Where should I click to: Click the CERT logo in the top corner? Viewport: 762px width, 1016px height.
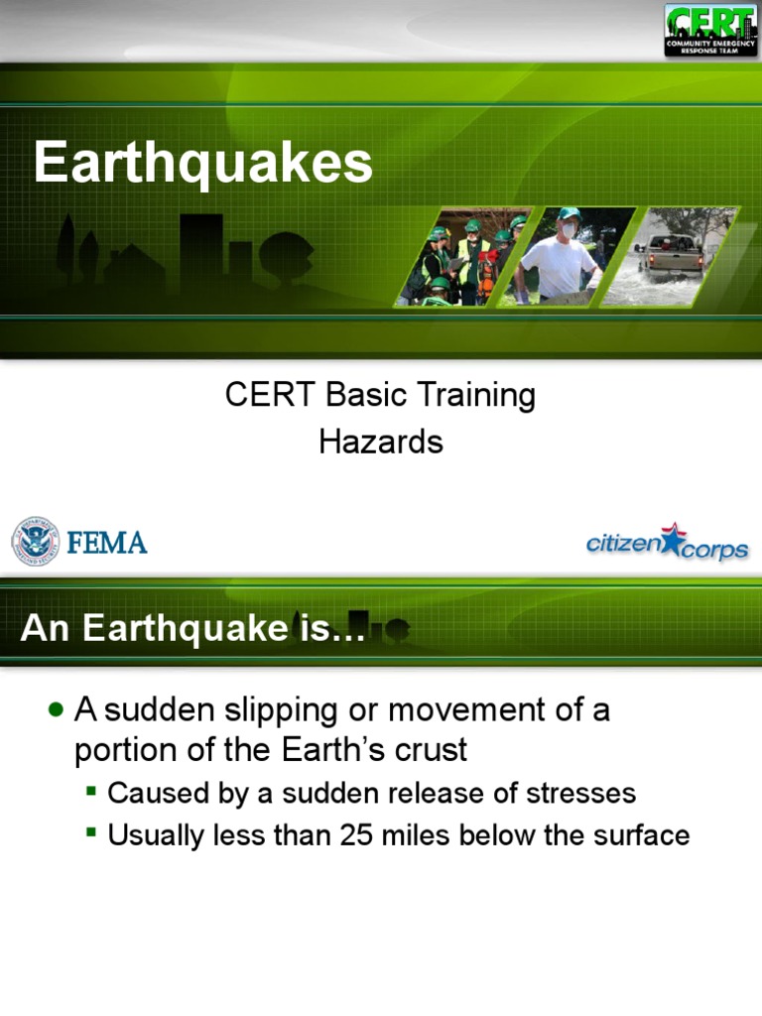(x=710, y=30)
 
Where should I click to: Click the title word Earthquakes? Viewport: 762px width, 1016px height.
(x=203, y=163)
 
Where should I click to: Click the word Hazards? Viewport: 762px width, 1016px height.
(x=381, y=442)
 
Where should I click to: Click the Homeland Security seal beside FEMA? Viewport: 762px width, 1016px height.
(x=35, y=542)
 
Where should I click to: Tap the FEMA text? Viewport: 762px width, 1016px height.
(x=107, y=543)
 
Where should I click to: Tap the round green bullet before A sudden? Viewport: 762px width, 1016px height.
(x=56, y=709)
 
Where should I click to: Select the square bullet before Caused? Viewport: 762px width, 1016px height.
(x=91, y=792)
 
